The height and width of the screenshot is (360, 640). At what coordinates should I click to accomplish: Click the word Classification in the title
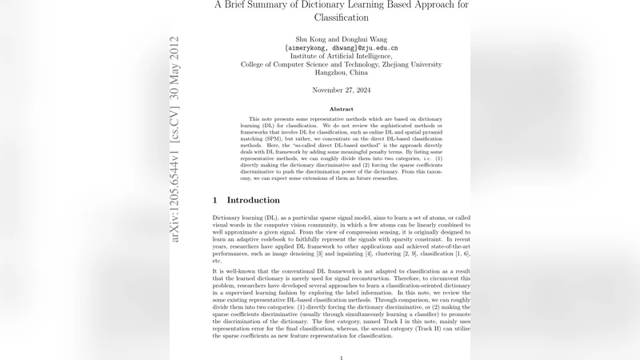click(x=342, y=17)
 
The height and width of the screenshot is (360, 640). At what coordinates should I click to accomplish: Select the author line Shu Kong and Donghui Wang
click(x=341, y=38)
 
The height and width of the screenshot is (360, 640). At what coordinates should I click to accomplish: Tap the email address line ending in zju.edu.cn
click(x=341, y=47)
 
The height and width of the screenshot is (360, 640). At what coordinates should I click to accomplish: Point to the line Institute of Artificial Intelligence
click(x=341, y=56)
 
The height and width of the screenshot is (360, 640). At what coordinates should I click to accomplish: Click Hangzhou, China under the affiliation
click(x=341, y=73)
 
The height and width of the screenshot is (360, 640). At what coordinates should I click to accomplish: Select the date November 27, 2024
click(x=341, y=90)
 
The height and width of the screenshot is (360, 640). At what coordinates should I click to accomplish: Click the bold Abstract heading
click(x=341, y=109)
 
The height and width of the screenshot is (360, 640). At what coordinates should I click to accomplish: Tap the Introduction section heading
click(x=254, y=200)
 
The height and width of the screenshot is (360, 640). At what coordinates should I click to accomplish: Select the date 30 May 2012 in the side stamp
click(x=175, y=66)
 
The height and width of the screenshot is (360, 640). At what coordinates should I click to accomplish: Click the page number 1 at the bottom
click(x=341, y=357)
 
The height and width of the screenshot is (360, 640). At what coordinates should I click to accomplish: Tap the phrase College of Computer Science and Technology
click(x=309, y=65)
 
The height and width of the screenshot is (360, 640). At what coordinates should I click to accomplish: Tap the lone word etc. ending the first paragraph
click(x=217, y=261)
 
